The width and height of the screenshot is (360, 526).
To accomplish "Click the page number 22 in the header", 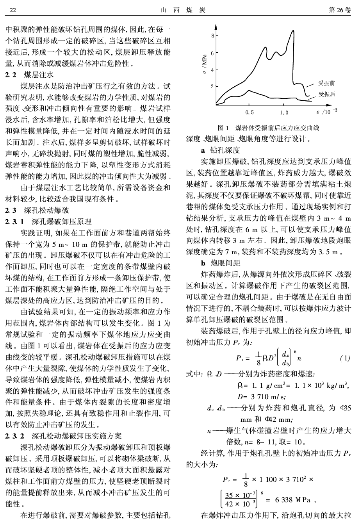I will (x=12, y=10).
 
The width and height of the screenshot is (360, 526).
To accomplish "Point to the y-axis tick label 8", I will (x=212, y=36).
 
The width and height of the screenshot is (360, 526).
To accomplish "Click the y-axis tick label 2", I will (x=212, y=87).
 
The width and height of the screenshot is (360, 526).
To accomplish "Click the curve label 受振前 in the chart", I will (x=326, y=83).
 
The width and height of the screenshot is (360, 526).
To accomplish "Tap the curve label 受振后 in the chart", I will (x=326, y=94).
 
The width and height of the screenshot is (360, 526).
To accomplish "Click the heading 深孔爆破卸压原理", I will (x=61, y=221).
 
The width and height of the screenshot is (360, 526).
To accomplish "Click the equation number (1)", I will (x=345, y=358).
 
